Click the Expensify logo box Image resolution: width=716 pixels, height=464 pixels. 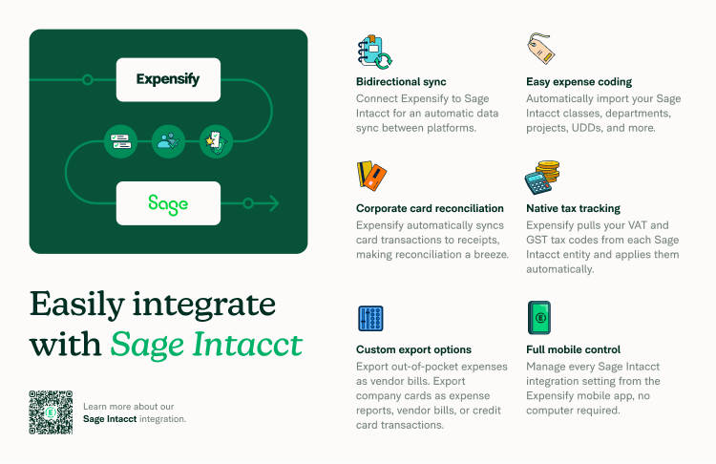click(x=168, y=79)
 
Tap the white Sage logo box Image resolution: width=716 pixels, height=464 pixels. click(x=168, y=203)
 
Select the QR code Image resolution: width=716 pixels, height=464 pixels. click(x=51, y=411)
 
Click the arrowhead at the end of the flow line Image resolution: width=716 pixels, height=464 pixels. click(x=274, y=203)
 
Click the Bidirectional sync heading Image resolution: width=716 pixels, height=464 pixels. click(x=401, y=82)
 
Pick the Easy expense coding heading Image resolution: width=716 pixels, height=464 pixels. click(x=579, y=82)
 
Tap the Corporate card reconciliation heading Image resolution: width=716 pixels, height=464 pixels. click(x=430, y=208)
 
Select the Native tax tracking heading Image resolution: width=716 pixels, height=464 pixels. click(x=573, y=208)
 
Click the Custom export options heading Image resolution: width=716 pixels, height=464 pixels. click(x=413, y=349)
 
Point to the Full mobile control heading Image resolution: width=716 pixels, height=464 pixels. click(x=574, y=349)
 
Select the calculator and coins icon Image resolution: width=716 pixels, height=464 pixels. click(x=541, y=178)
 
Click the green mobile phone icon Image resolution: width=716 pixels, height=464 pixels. click(x=538, y=318)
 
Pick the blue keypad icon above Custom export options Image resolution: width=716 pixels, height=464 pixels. click(x=370, y=318)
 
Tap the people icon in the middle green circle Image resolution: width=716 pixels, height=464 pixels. click(x=168, y=141)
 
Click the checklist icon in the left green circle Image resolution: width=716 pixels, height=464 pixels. click(x=120, y=141)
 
